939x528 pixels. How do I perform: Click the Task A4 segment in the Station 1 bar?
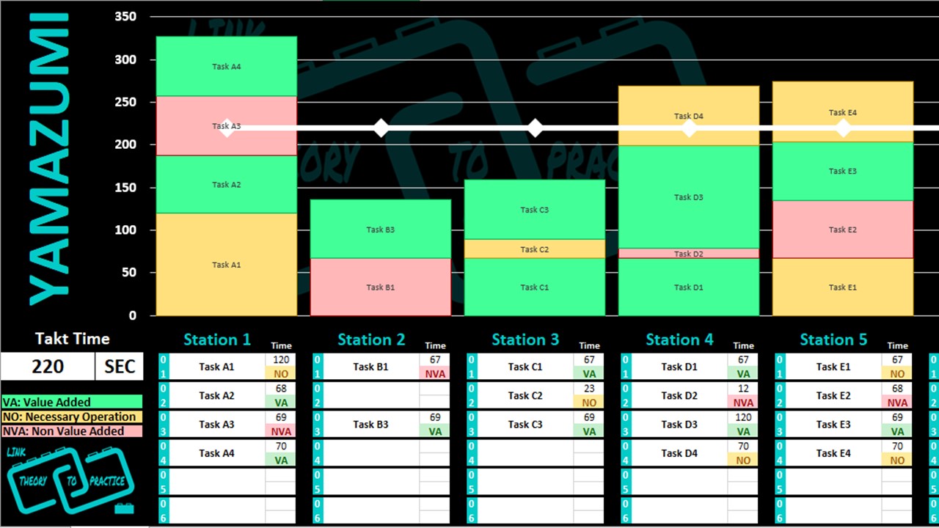tap(227, 66)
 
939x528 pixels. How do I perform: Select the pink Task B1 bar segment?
tap(381, 287)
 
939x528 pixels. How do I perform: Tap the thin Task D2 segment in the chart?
tap(689, 254)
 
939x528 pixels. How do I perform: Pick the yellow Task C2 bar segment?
tap(535, 249)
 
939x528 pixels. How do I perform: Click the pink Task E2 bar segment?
tap(843, 230)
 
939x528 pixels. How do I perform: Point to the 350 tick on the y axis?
tap(125, 17)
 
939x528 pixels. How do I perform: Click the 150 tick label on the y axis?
tap(125, 187)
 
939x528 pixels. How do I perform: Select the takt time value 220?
tap(48, 367)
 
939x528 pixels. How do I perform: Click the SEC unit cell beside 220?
tap(120, 367)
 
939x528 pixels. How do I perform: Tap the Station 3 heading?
tap(525, 340)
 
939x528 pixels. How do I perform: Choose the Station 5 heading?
tap(833, 340)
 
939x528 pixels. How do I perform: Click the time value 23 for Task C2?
tap(589, 389)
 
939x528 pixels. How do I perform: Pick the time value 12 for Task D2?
tap(743, 389)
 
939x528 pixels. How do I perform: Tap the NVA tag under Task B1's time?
tap(435, 373)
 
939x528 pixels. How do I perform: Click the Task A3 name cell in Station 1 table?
tap(216, 425)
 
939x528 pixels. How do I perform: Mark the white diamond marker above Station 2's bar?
tap(381, 128)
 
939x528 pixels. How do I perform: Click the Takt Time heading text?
tap(72, 339)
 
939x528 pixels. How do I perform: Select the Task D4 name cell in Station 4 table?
tap(679, 453)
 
